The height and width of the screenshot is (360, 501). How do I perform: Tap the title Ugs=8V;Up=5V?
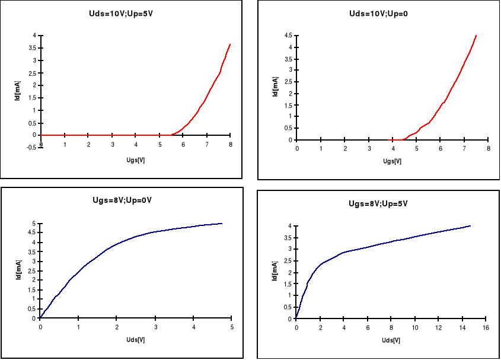378,203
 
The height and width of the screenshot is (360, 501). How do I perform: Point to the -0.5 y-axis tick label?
31,148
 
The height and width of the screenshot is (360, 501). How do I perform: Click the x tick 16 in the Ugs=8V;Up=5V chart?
486,327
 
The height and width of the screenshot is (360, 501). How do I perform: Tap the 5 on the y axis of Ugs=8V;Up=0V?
34,223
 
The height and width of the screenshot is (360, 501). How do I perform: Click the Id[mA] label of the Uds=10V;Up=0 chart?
275,87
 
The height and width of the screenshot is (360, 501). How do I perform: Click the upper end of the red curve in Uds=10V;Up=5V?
230,44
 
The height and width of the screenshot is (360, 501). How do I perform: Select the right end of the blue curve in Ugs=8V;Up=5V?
470,225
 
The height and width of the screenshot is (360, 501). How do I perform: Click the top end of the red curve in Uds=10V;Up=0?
476,35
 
